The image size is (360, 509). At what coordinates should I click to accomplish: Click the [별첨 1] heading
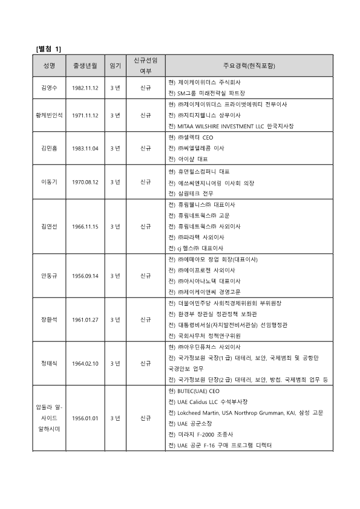point(49,48)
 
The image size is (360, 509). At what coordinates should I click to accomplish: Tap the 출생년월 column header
point(85,65)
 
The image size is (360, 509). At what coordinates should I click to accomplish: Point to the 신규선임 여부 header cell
point(145,65)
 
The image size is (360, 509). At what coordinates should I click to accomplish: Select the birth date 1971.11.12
point(85,115)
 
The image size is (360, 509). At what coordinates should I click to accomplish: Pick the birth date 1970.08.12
point(85,181)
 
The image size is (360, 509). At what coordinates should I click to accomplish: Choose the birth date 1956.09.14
point(85,276)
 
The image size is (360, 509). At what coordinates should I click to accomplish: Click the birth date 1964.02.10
point(85,363)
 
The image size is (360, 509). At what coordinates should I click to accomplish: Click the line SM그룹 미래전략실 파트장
point(206,93)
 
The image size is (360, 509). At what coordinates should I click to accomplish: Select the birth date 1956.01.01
point(85,418)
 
